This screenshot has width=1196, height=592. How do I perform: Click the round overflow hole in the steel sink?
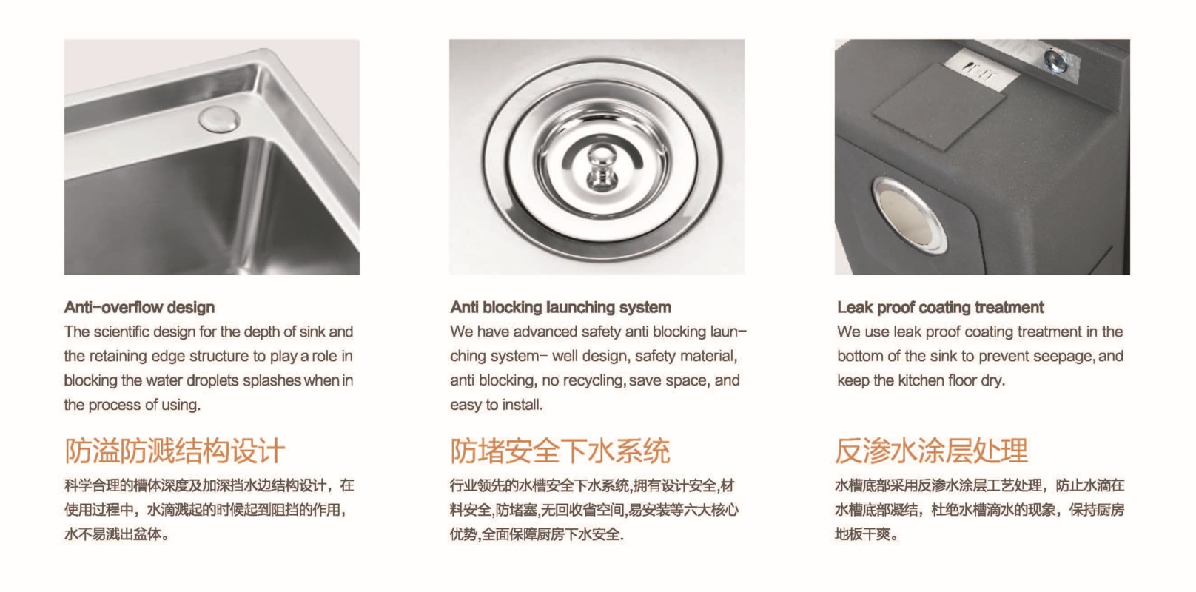click(219, 118)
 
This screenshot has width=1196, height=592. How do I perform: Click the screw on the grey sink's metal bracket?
click(1055, 61)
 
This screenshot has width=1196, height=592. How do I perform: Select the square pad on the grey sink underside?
click(939, 107)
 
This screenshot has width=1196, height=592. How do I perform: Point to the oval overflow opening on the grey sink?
click(910, 215)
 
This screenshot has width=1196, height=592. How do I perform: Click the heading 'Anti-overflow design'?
click(139, 308)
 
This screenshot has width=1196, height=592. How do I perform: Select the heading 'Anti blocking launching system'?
click(561, 308)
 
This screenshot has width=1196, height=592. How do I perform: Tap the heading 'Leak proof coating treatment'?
click(940, 308)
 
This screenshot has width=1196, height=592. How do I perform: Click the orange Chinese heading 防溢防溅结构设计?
click(175, 451)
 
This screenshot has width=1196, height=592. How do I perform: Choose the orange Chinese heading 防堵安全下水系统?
click(560, 451)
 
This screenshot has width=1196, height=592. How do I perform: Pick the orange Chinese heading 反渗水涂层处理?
click(931, 451)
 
